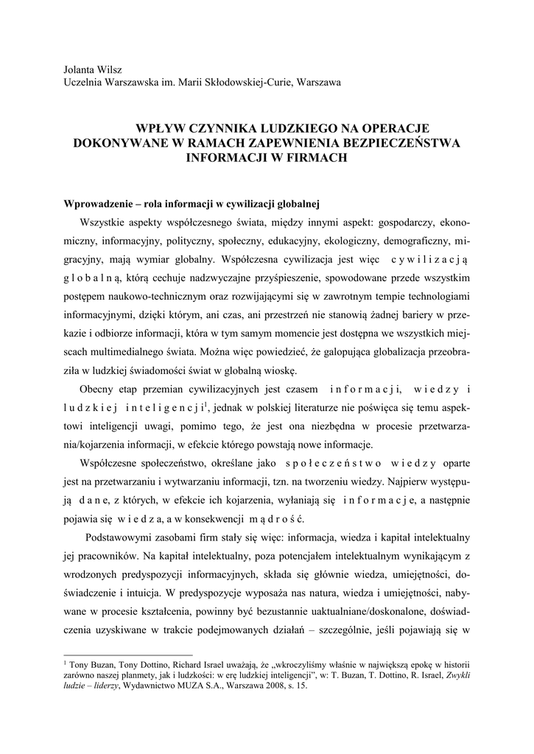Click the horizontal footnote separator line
(x=130, y=652)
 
